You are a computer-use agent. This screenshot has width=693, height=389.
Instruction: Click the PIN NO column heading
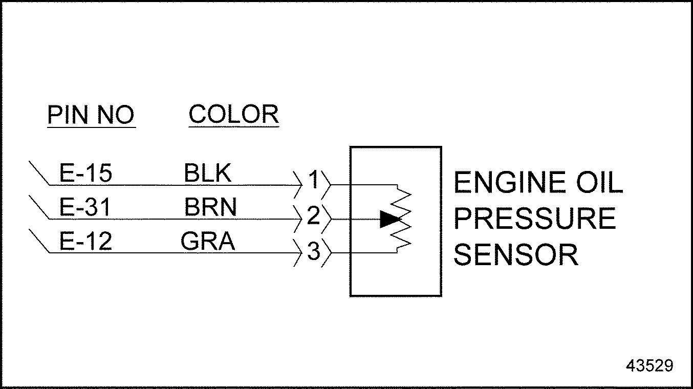[x=91, y=115]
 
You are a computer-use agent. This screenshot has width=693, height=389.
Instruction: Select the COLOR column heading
[x=233, y=115]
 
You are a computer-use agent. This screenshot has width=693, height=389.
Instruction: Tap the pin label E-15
[x=85, y=174]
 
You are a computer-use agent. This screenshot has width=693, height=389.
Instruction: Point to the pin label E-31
[x=85, y=208]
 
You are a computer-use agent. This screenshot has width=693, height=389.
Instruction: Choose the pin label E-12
[x=85, y=241]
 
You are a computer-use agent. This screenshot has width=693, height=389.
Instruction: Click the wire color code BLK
[x=208, y=174]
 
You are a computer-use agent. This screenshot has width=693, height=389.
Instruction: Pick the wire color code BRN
[x=210, y=208]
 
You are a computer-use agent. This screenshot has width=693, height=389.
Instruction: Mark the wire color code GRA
[x=208, y=241]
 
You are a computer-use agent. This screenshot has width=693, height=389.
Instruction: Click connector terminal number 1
[x=314, y=180]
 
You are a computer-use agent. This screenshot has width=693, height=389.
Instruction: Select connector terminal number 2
[x=314, y=216]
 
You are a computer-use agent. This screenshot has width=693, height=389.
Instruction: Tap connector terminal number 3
[x=314, y=252]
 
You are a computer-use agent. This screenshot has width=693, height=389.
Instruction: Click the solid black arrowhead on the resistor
[x=389, y=219]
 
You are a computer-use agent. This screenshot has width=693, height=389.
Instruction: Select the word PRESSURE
[x=535, y=219]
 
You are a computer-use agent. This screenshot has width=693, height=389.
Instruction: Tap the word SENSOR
[x=516, y=255]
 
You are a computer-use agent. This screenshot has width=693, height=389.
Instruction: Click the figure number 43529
[x=649, y=365]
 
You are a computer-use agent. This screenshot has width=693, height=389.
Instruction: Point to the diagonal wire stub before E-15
[x=39, y=174]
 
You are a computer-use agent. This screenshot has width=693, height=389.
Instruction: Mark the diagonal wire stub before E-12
[x=39, y=241]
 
